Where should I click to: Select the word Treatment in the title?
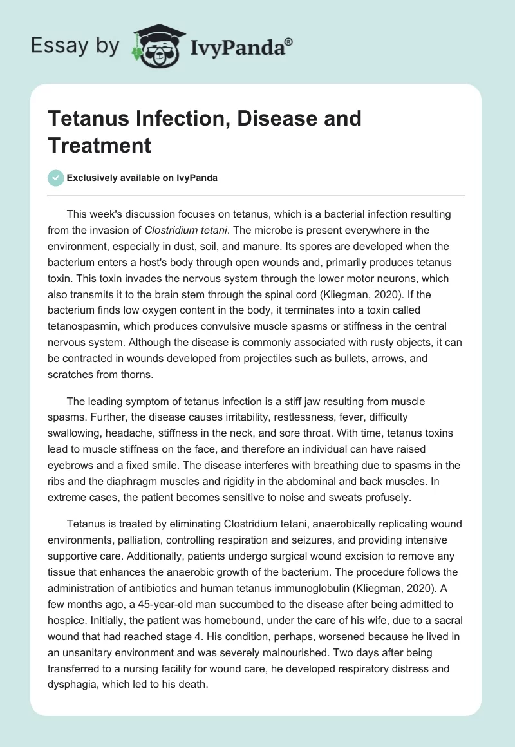99,145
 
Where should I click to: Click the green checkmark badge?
56,178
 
